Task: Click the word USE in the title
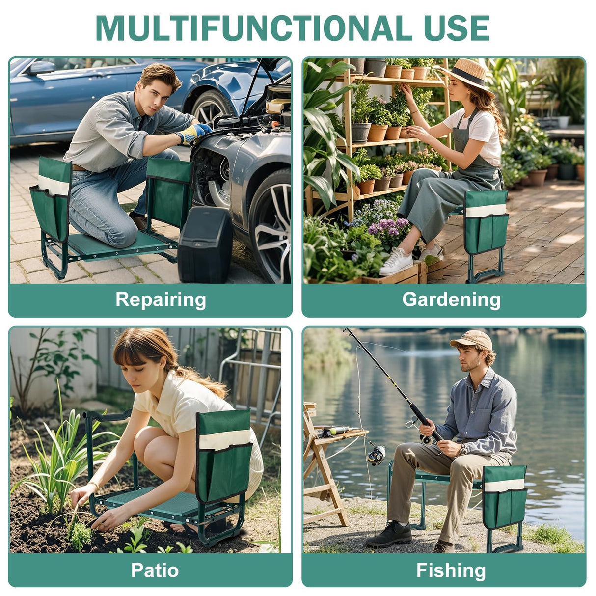point(457,28)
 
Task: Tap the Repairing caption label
point(161,299)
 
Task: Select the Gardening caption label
point(451,299)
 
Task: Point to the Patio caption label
point(155,570)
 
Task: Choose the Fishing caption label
point(451,570)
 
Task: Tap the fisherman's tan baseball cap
point(472,339)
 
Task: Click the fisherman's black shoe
point(389,535)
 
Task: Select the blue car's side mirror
point(42,68)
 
